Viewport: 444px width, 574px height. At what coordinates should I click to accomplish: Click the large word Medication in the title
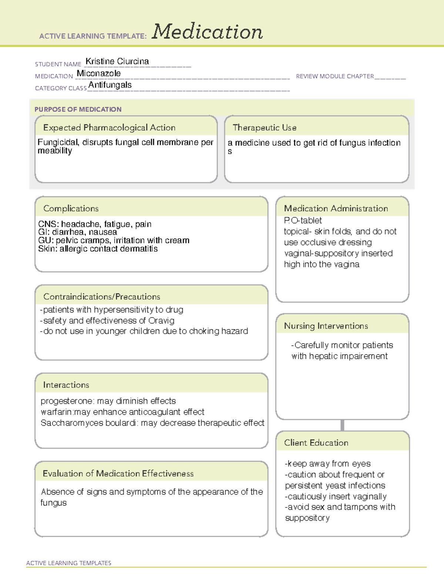coord(207,32)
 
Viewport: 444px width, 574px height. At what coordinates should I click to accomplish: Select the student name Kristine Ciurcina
coord(117,61)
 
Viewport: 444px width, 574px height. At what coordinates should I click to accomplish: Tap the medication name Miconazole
coord(98,74)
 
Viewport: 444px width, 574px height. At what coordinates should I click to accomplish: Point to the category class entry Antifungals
coord(110,85)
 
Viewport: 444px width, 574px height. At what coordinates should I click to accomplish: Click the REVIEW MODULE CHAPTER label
coord(335,76)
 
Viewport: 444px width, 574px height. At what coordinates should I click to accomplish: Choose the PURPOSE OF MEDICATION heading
coord(78,109)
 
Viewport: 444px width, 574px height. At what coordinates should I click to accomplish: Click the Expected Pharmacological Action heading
coord(109,128)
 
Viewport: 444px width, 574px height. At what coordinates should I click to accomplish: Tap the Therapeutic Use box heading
coord(264,128)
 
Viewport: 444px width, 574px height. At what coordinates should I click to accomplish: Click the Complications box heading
coord(71,208)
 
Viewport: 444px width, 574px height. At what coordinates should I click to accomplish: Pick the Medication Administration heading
coord(336,208)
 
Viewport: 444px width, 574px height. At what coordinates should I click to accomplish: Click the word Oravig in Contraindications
coord(161,320)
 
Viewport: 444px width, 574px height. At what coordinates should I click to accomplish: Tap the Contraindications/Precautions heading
coord(101,297)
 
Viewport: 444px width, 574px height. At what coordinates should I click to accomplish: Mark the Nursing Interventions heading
coord(326,326)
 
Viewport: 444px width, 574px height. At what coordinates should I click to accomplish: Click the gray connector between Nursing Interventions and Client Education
coord(342,425)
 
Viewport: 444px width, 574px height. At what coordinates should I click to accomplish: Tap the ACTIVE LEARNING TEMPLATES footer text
coord(68,563)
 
